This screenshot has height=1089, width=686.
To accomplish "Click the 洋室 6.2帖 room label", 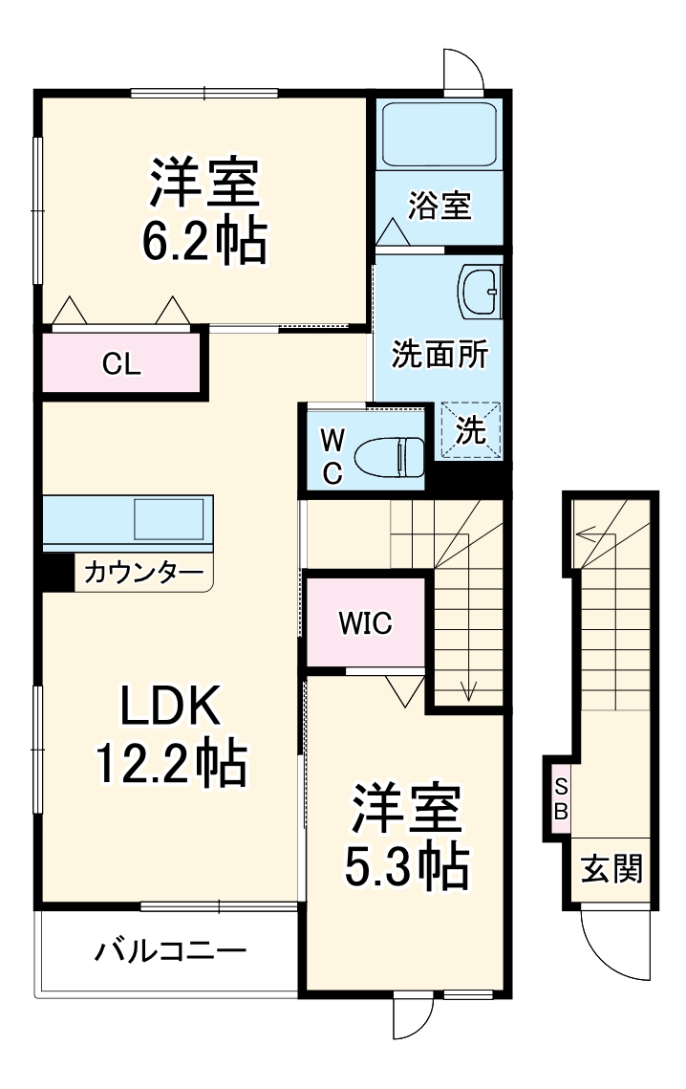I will (x=204, y=212).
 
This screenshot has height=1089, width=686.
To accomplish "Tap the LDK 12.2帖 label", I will (x=171, y=733).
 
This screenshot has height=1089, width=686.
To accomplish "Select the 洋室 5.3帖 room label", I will (x=408, y=837).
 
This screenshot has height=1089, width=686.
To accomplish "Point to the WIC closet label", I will (x=365, y=623).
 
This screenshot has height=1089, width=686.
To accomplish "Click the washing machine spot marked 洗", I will (x=470, y=431).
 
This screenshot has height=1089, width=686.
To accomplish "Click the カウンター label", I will (x=143, y=574).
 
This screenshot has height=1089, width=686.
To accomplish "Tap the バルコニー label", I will (x=170, y=951).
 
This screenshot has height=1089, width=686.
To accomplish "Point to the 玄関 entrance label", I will (x=612, y=870).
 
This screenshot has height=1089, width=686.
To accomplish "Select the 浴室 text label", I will (x=440, y=205).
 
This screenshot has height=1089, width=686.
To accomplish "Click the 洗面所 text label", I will (x=439, y=355).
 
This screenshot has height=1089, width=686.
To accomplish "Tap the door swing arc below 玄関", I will (x=611, y=947).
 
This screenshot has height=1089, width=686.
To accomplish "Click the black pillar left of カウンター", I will (x=55, y=572).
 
